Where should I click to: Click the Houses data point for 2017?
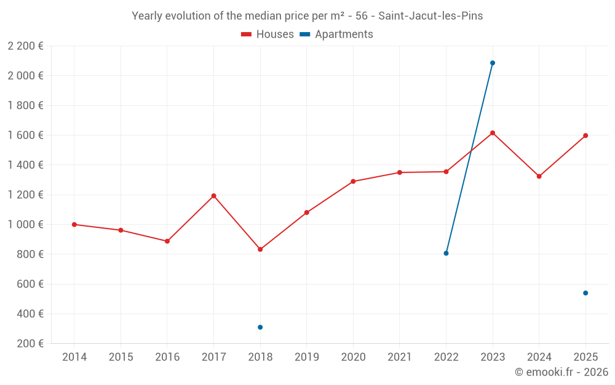click(214, 196)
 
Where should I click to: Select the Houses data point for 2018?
click(260, 249)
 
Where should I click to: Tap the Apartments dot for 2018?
click(260, 327)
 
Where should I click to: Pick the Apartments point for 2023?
click(493, 63)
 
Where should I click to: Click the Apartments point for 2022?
click(446, 253)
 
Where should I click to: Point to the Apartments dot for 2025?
click(585, 293)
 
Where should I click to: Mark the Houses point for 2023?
click(493, 133)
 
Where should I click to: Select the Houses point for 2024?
click(539, 176)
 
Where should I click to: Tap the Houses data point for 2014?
click(74, 224)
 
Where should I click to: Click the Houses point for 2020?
click(353, 182)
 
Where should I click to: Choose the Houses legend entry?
click(268, 34)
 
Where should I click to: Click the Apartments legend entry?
click(336, 34)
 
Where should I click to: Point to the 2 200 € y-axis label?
click(25, 46)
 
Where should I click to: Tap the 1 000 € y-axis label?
click(25, 224)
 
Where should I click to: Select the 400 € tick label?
click(30, 314)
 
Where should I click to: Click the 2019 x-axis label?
click(307, 357)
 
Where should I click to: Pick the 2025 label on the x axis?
click(585, 357)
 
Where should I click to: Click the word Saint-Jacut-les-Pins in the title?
click(430, 16)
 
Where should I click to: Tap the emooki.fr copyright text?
click(561, 371)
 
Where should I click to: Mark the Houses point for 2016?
click(167, 241)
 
